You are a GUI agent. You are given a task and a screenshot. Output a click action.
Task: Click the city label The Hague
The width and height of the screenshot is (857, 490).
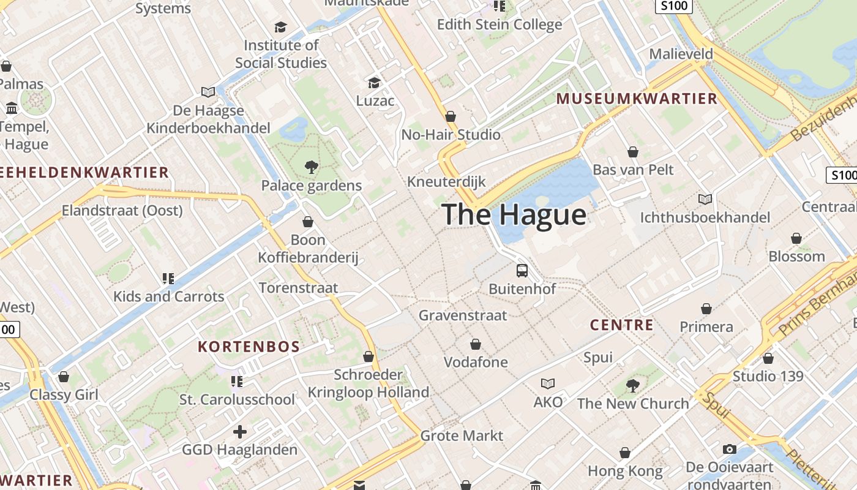click(x=514, y=214)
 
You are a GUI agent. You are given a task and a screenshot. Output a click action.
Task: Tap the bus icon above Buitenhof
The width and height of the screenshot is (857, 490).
click(x=522, y=270)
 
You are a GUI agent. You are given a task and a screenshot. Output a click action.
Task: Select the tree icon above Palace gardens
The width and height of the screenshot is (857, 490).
click(x=312, y=167)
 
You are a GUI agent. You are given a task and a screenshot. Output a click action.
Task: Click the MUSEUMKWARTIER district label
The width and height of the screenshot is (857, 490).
click(x=637, y=99)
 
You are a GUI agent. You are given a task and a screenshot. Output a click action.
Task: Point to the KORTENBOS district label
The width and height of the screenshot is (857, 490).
click(x=249, y=347)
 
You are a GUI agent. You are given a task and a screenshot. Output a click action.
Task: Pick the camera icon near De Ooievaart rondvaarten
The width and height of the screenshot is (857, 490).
click(x=729, y=449)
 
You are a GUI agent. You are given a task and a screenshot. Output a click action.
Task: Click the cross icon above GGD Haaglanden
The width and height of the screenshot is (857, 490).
click(x=240, y=432)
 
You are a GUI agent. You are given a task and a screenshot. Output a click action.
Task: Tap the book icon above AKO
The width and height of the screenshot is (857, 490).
click(x=548, y=383)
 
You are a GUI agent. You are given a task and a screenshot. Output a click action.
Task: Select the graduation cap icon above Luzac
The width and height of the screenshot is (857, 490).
click(x=374, y=82)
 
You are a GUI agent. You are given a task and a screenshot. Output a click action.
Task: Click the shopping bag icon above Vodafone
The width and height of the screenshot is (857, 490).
click(x=476, y=344)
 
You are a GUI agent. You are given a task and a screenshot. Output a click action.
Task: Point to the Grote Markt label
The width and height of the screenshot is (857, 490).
click(x=462, y=436)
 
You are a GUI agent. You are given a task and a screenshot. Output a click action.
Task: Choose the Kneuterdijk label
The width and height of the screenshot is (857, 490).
click(x=446, y=182)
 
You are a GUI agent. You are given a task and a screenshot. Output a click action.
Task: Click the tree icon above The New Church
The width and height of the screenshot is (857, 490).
click(x=633, y=385)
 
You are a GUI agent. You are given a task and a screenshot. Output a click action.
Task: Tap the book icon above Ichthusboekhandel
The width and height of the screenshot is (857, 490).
click(x=705, y=199)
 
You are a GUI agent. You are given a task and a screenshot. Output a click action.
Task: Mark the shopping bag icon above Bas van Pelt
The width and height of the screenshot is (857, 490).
click(x=633, y=151)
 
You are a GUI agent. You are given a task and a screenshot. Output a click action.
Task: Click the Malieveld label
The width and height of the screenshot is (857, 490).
click(x=681, y=54)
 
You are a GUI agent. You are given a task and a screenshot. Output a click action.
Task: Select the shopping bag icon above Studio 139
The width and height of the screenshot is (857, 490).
click(x=768, y=358)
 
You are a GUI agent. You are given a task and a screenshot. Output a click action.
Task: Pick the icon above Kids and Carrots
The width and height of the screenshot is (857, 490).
click(x=168, y=279)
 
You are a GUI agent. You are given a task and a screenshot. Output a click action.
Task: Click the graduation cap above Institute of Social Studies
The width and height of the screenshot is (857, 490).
click(x=281, y=27)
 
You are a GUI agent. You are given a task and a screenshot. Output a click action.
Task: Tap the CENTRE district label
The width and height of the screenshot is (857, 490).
click(x=622, y=325)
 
